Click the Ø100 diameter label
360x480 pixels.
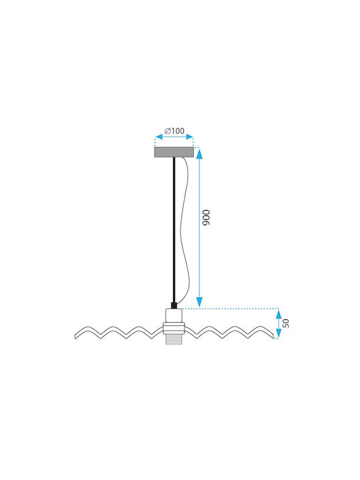pos(175,131)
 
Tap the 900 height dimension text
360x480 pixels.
pos(207,217)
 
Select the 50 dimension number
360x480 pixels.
pos(285,323)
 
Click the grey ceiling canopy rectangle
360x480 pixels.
pos(174,152)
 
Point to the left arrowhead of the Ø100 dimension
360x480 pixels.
pos(159,137)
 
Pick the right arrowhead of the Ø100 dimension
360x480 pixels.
pos(190,137)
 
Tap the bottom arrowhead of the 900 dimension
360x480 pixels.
pos(199,301)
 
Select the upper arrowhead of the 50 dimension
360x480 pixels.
pos(279,315)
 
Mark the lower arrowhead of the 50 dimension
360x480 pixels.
pos(279,333)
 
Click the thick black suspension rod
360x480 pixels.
pos(174,229)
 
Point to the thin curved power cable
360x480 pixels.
pos(185,229)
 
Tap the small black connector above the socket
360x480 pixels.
pos(174,305)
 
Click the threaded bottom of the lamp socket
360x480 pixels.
pos(174,339)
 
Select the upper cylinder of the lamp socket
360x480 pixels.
pos(174,315)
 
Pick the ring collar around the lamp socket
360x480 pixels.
pos(174,328)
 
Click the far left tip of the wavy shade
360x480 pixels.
pos(75,336)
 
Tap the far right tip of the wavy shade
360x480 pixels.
pos(273,336)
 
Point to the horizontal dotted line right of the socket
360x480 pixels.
pos(231,309)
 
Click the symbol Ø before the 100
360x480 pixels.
pos(167,131)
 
